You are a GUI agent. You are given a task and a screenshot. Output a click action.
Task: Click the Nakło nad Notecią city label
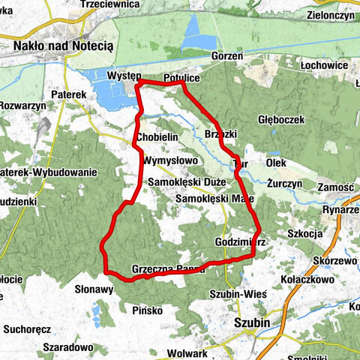(x=63, y=46)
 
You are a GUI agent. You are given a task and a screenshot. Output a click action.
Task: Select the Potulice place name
(x=180, y=77)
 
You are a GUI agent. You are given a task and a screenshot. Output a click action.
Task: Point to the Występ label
(x=124, y=77)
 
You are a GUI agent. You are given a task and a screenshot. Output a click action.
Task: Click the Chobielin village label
(x=157, y=137)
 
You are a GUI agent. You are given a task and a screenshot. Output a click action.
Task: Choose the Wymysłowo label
(x=169, y=160)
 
